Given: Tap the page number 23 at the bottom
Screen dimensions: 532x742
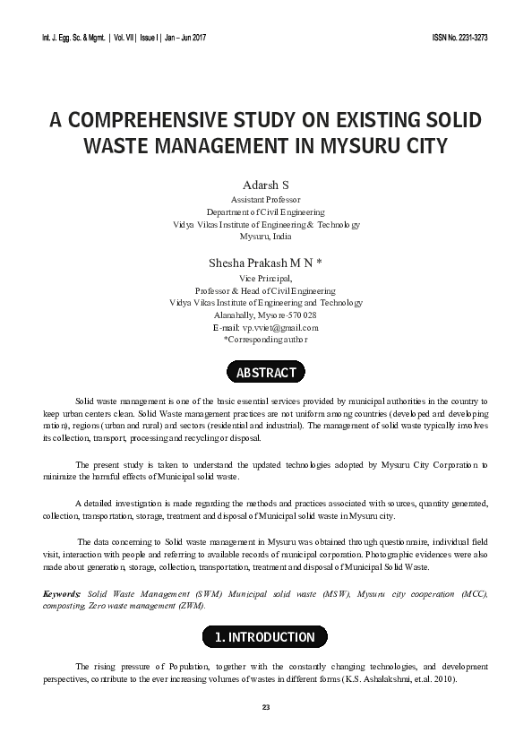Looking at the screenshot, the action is pyautogui.click(x=265, y=708).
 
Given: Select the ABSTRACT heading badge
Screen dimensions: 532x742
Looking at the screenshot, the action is pyautogui.click(x=265, y=372).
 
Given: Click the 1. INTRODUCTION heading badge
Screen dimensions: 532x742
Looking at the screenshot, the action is pyautogui.click(x=265, y=637).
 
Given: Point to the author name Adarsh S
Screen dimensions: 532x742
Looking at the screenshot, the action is pyautogui.click(x=265, y=184).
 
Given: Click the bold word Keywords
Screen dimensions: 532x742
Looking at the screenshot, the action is pyautogui.click(x=62, y=594).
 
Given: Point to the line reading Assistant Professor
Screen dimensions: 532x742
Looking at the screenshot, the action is pyautogui.click(x=265, y=200).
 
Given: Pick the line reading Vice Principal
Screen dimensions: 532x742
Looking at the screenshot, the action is pyautogui.click(x=265, y=279).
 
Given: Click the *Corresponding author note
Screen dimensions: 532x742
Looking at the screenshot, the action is pyautogui.click(x=265, y=341).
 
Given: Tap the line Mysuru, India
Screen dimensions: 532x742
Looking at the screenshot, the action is pyautogui.click(x=265, y=237).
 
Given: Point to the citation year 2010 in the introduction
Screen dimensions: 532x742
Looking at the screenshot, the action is pyautogui.click(x=442, y=680).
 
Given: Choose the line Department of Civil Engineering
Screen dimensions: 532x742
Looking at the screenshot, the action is pyautogui.click(x=265, y=212).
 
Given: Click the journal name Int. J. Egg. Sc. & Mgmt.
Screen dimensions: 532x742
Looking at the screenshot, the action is pyautogui.click(x=73, y=39).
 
